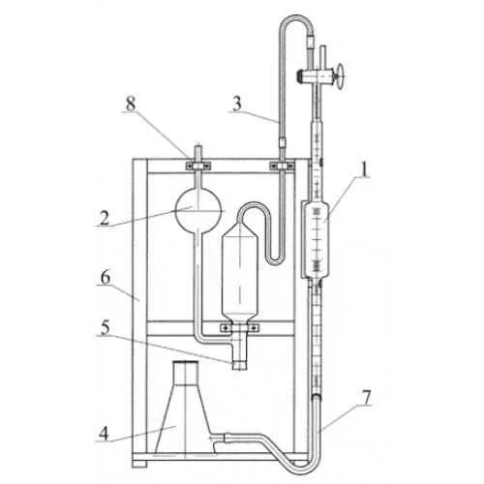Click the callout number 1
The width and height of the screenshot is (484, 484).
coord(364,169)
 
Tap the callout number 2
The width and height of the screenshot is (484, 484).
coord(105,218)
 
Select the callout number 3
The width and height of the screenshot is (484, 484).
coord(237,105)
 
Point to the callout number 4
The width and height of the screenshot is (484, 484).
coord(104,434)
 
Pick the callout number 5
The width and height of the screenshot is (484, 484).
coord(106,328)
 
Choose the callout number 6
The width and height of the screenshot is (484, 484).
coord(106,278)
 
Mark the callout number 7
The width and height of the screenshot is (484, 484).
coord(366,398)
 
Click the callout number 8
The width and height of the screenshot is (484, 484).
coord(131,105)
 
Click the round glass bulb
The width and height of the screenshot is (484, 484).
coord(198,211)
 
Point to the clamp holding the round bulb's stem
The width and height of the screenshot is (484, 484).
coord(198,166)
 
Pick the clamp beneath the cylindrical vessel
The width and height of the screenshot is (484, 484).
coord(239,328)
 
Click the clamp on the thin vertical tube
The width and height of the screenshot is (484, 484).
coord(282,166)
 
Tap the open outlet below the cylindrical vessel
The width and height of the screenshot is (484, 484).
coord(239,365)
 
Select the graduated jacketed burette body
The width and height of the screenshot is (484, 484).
coord(316,239)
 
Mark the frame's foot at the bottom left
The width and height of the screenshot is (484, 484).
coord(139,464)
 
